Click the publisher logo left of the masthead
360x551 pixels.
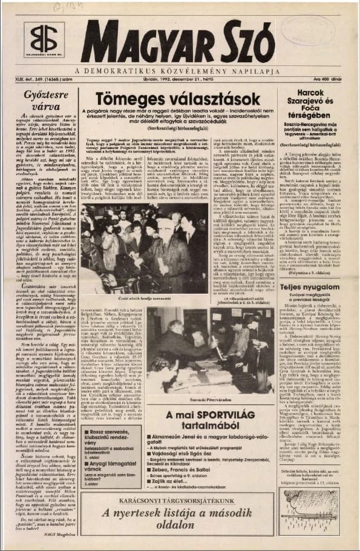tap(43, 42)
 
